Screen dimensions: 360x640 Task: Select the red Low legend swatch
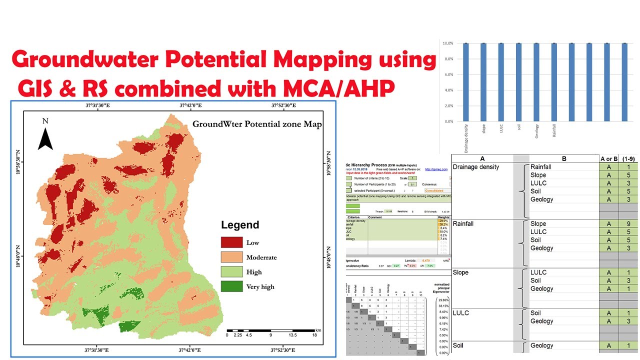click(x=231, y=242)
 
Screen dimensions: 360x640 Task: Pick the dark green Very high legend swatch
click(x=231, y=286)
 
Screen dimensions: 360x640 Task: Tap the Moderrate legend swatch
click(x=231, y=257)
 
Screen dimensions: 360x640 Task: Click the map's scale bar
click(x=270, y=331)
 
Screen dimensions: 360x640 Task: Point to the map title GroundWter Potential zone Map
click(x=257, y=124)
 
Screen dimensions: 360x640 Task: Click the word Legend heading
click(x=240, y=225)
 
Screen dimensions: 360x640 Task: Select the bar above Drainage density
click(x=465, y=82)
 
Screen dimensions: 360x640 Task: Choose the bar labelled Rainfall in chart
click(x=554, y=82)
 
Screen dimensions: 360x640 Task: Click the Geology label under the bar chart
click(x=536, y=131)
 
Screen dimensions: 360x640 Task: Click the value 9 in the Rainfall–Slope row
click(x=628, y=223)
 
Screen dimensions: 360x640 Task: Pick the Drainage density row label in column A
click(x=475, y=167)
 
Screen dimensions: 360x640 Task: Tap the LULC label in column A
click(x=460, y=313)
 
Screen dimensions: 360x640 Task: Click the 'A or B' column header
click(x=608, y=158)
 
